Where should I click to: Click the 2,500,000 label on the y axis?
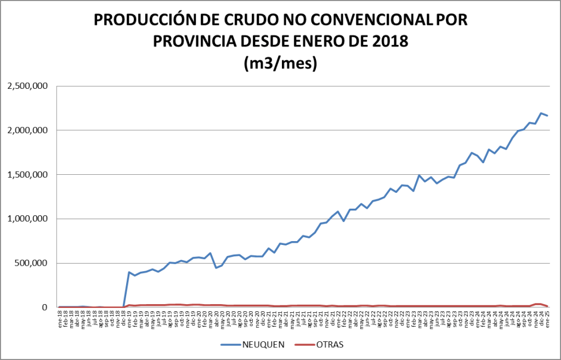point(27,86)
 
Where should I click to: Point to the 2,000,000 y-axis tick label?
point(27,130)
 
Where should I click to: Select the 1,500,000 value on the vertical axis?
point(27,175)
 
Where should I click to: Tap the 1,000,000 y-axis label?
point(27,219)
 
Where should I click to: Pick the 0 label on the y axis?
point(46,307)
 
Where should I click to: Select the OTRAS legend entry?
point(330,345)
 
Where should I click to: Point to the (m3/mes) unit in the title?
point(280,63)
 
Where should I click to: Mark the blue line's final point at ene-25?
point(547,116)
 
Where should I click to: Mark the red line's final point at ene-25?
point(547,306)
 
